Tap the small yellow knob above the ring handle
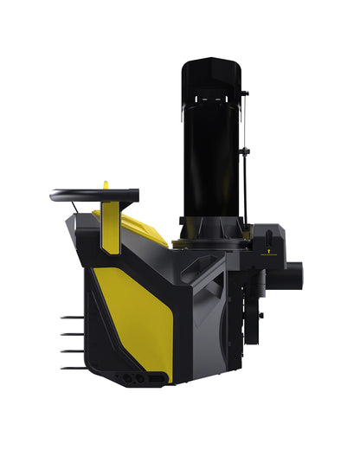point(106,184)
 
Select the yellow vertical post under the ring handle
point(110,227)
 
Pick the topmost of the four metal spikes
point(71,317)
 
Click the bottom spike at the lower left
point(71,367)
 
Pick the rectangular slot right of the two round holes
point(155,379)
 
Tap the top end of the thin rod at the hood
point(246,92)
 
